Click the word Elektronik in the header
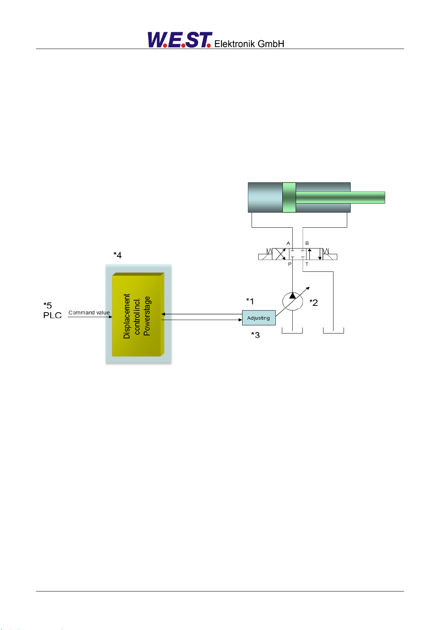point(235,44)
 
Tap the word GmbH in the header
point(271,44)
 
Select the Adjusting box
point(259,318)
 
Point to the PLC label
point(52,315)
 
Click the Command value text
point(89,313)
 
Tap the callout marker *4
point(117,255)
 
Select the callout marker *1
point(250,301)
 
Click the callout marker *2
point(314,302)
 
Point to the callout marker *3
point(255,335)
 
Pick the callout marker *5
point(48,305)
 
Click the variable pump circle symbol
point(293,301)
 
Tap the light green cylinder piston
point(289,197)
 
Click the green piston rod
point(340,197)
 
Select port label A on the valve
point(288,243)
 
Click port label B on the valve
point(307,243)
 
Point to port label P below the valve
point(290,264)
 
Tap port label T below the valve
point(307,264)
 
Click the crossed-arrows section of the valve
point(281,254)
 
